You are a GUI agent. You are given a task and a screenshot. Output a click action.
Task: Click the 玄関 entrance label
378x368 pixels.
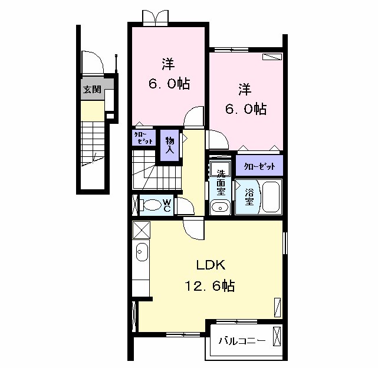91,90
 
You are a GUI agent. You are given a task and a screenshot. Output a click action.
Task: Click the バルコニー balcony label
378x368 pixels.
242,341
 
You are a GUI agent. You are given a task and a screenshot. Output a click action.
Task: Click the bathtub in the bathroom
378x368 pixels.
271,197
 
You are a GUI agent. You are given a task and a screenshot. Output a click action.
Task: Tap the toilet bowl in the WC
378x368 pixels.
152,205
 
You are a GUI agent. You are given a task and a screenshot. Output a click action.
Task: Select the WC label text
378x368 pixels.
167,205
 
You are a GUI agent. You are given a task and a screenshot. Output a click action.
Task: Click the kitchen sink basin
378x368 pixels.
141,252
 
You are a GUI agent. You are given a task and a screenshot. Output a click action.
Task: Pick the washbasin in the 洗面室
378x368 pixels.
220,207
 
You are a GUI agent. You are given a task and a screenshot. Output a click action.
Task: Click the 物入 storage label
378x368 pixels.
170,145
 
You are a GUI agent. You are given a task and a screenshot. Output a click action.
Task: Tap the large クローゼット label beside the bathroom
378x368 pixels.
259,166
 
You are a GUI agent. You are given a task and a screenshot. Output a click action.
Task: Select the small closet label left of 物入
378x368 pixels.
143,139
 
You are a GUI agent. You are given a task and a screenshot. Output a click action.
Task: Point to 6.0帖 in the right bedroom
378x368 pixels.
245,109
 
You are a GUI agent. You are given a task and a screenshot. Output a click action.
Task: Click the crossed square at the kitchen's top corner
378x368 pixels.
141,228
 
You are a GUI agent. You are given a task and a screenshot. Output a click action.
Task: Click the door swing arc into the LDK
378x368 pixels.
193,226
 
